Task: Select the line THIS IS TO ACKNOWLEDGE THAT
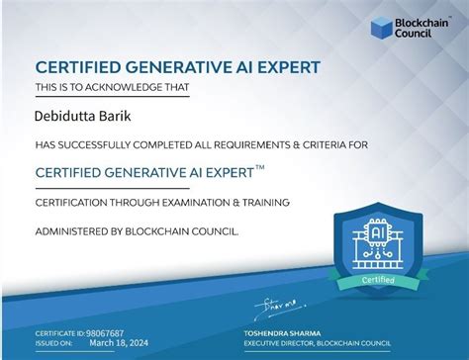112,88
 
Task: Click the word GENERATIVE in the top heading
176,66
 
